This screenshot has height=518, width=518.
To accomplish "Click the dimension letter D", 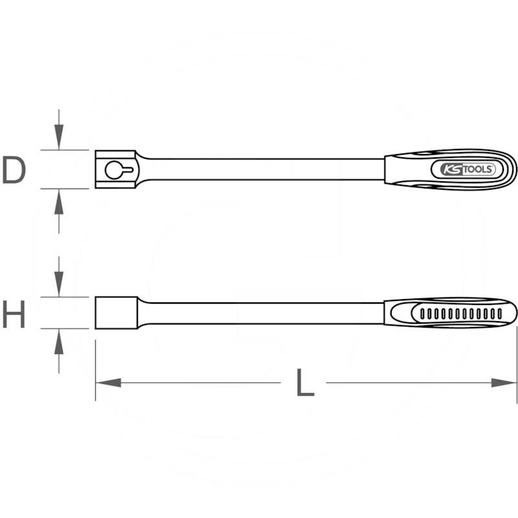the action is pos(14,170).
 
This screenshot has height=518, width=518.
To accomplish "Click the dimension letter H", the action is pos(14,314).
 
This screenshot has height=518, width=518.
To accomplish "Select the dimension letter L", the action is pos(305,383).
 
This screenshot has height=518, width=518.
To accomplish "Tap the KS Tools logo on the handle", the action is pos(463,170).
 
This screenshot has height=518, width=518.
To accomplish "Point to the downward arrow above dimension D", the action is pos(59,129).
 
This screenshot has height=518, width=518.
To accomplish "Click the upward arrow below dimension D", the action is pos(59,212).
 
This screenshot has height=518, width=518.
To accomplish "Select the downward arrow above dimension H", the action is pos(59,277).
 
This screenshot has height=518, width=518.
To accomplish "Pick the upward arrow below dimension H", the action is pos(59,351).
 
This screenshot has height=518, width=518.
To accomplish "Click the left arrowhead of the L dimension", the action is pos(108,383).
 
